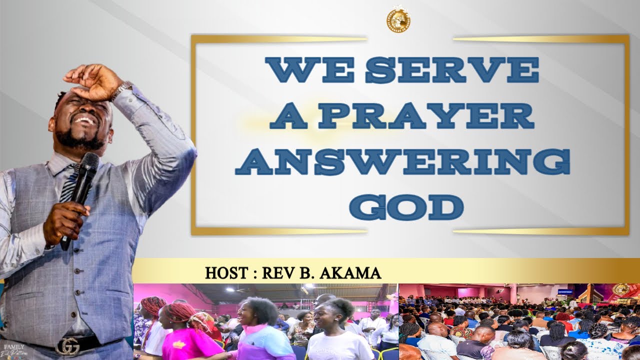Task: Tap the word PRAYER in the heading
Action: [427, 116]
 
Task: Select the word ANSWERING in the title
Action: [402, 162]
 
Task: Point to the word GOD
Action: [406, 207]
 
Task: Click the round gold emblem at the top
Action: [398, 20]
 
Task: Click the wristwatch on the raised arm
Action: [121, 90]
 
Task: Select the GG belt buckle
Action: [67, 346]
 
